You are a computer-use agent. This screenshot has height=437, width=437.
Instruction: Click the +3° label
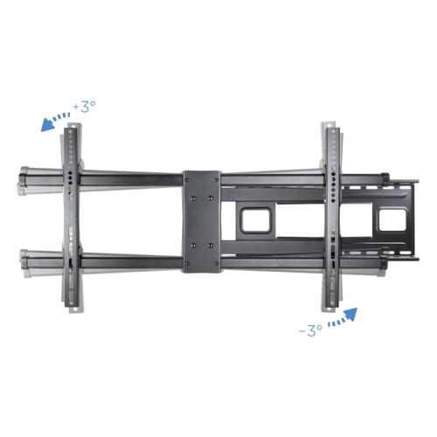coord(85,107)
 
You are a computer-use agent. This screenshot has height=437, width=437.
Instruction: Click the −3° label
coord(310,330)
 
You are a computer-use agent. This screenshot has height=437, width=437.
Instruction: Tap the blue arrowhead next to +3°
coord(48,125)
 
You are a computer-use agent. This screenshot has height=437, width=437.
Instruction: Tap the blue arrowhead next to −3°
coord(350,314)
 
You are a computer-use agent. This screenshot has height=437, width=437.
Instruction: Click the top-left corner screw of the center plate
coord(187,180)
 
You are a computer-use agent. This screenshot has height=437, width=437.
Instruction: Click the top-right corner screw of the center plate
coord(216,180)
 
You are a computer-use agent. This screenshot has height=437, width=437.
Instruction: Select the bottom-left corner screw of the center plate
coord(187,264)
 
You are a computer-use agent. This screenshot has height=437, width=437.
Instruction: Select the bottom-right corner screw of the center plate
coord(216,264)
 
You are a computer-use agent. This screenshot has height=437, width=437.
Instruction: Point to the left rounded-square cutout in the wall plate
coord(255,219)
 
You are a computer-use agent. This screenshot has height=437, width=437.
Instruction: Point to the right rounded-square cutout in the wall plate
coord(392,220)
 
